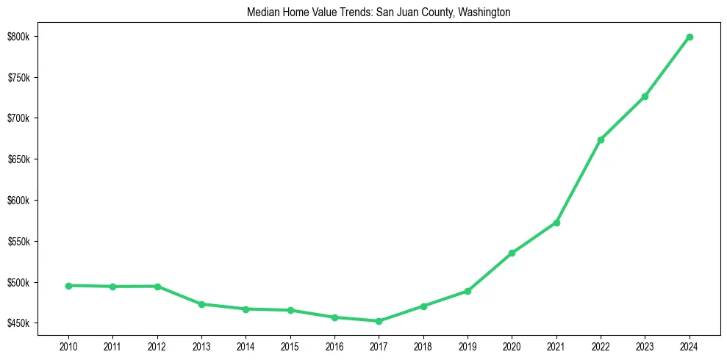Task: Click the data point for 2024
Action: pos(690,37)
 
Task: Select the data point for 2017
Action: pos(379,321)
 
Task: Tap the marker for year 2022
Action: pos(601,140)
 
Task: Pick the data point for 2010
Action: pos(68,286)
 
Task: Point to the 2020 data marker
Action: pos(512,253)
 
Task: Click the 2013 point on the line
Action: pos(201,304)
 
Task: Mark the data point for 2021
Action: pos(556,223)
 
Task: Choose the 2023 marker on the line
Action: pos(645,96)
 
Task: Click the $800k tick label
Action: pos(18,37)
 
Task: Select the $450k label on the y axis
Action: pos(18,323)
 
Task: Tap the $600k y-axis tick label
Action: pos(18,201)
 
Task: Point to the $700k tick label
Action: pos(18,118)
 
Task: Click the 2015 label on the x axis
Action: pos(290,346)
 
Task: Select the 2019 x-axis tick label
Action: pos(468,346)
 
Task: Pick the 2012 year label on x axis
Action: pos(157,346)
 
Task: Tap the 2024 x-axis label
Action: pos(690,346)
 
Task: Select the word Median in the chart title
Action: pos(262,12)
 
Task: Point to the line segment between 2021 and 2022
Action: pos(579,181)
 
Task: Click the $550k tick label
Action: pos(18,242)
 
